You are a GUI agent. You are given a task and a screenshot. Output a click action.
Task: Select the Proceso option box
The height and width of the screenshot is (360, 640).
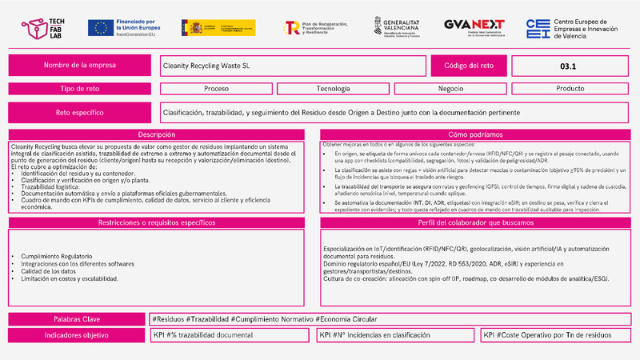point(216,89)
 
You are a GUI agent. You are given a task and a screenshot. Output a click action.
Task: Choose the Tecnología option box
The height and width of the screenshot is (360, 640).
point(334,89)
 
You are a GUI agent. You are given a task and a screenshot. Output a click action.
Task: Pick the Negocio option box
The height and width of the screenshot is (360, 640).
point(453,89)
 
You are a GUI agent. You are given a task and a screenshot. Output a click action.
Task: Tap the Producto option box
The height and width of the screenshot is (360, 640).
point(570,89)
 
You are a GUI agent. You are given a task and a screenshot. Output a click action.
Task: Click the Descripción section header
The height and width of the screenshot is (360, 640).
point(157,135)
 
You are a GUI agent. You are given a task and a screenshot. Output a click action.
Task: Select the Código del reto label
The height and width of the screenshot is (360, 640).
point(466,66)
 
